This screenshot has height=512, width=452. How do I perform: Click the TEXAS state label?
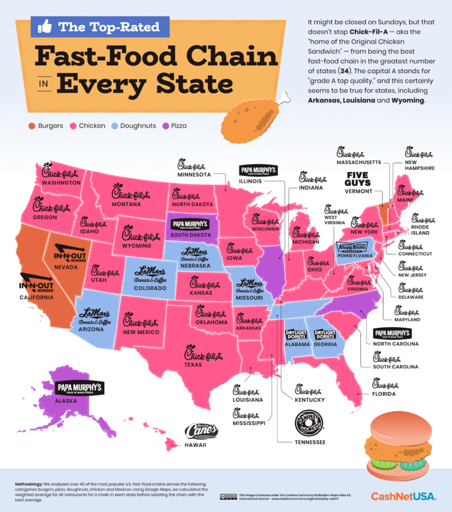click(194, 364)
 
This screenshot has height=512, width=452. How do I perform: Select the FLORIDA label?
click(383, 393)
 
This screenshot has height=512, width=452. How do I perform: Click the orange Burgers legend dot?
click(30, 125)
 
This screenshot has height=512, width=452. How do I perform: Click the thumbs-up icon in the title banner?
click(45, 26)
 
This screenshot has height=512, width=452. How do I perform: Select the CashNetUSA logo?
click(403, 496)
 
